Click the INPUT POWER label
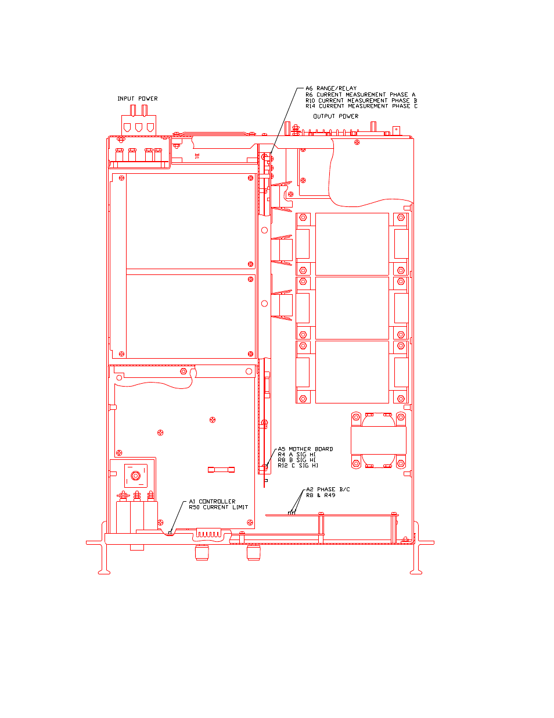(138, 99)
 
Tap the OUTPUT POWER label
(336, 116)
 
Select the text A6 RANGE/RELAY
(331, 88)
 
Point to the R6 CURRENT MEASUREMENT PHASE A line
(360, 95)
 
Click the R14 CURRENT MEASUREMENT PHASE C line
(361, 106)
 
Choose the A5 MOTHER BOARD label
(305, 449)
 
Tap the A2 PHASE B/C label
(328, 490)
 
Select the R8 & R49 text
(321, 495)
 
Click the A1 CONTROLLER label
(212, 502)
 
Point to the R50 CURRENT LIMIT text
(218, 507)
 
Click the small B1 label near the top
(197, 156)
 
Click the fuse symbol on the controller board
(221, 470)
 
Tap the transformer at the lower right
(379, 440)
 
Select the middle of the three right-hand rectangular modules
(352, 308)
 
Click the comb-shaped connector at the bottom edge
(208, 533)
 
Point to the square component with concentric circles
(136, 476)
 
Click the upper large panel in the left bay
(190, 222)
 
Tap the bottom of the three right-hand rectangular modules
(352, 372)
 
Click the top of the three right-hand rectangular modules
(352, 244)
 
